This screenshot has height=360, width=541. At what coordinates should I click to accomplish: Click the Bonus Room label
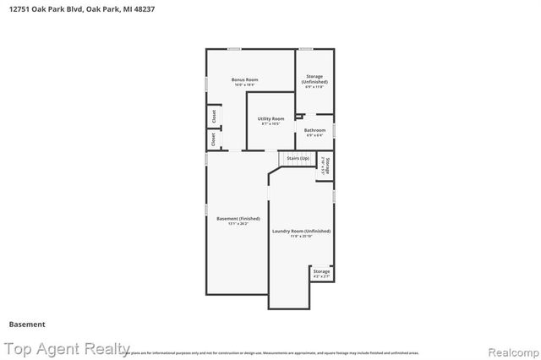[245, 79]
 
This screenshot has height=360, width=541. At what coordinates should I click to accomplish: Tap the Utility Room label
[270, 119]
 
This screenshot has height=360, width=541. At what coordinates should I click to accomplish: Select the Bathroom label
[315, 130]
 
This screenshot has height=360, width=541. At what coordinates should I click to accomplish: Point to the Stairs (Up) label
[298, 158]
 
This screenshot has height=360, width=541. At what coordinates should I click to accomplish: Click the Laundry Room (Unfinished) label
[301, 231]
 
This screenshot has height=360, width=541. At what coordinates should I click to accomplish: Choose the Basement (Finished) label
[238, 219]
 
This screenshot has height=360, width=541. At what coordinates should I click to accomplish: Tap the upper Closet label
[214, 116]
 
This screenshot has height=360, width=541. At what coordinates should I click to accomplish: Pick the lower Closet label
[214, 139]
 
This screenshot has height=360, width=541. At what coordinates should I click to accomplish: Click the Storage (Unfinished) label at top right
[314, 79]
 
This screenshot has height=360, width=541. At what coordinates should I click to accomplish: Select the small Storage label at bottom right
[321, 271]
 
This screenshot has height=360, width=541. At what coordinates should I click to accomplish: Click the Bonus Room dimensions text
[245, 85]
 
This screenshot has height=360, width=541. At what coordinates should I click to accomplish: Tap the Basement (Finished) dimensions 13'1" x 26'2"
[238, 225]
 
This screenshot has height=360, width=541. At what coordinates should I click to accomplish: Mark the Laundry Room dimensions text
[301, 237]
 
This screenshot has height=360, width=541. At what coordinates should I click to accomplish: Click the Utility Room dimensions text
[270, 125]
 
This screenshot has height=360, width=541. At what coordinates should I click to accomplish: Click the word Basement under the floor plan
[27, 324]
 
